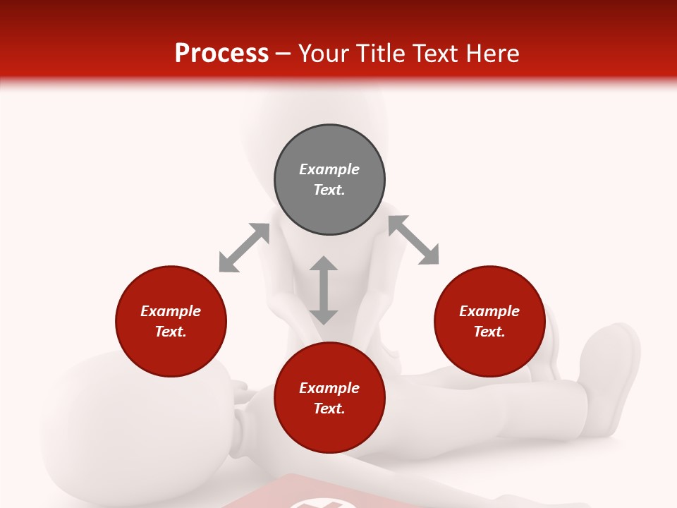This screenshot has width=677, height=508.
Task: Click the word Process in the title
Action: tap(221, 54)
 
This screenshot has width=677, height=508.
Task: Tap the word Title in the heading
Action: tap(382, 54)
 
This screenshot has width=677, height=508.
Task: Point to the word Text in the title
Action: tap(435, 54)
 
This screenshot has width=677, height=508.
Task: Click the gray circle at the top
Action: tap(329, 180)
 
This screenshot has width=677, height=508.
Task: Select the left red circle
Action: tap(171, 322)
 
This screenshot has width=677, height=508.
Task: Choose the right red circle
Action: tap(489, 322)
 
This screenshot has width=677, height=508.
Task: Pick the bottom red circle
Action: tap(329, 398)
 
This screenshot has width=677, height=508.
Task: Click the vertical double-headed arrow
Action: tap(324, 290)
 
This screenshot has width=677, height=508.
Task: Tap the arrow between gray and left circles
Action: tap(244, 248)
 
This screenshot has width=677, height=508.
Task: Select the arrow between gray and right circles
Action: tap(413, 240)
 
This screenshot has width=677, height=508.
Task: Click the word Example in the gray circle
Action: tap(329, 169)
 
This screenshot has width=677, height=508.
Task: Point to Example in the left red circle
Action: tap(171, 311)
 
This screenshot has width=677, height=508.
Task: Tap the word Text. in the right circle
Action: tap(489, 332)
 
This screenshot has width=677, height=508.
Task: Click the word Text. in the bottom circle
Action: tap(329, 409)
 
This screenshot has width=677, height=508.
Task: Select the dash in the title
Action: tap(283, 54)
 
